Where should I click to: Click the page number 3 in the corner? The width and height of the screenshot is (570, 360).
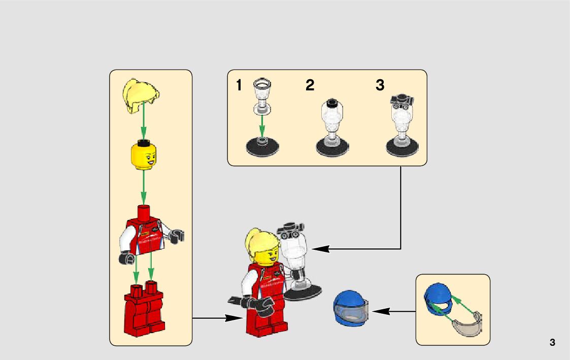[x=552, y=342]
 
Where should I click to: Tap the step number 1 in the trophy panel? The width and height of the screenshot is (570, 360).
[x=239, y=86]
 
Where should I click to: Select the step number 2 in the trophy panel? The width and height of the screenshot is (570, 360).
[x=310, y=86]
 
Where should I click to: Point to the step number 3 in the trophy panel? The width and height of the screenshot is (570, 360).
[x=380, y=86]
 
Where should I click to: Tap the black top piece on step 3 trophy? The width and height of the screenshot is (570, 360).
[x=401, y=100]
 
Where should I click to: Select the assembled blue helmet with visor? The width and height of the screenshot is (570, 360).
[x=350, y=308]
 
